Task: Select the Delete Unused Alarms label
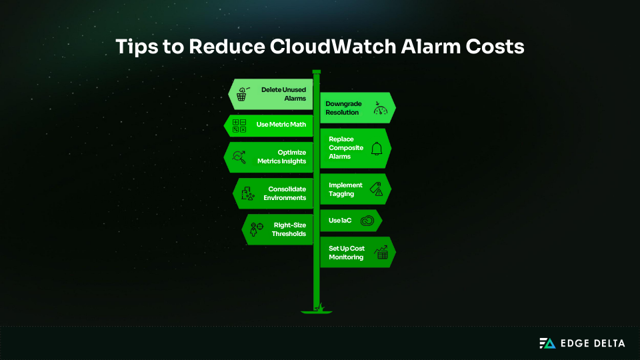[283, 93]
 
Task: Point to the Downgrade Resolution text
[342, 108]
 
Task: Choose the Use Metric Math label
[281, 124]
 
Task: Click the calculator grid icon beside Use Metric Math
[239, 125]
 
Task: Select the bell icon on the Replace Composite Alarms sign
[377, 149]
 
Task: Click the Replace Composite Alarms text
[346, 147]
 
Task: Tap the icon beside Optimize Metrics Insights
[239, 157]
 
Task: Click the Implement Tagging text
[345, 189]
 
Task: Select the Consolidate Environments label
[287, 193]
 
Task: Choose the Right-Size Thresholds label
[289, 229]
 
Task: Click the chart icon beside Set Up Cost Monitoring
[382, 253]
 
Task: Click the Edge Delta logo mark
[547, 343]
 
